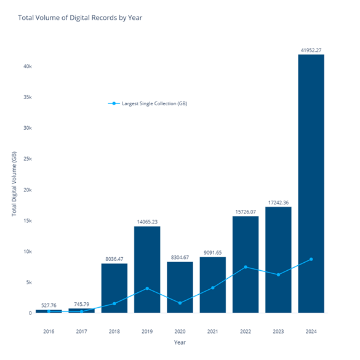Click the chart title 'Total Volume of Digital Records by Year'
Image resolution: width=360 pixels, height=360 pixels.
coord(81,17)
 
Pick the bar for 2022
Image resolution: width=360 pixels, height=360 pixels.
coord(246,265)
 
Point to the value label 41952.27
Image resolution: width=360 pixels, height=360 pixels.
coord(311,50)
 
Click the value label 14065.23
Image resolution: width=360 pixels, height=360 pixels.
coord(147,222)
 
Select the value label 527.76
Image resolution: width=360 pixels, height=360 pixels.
coord(49,305)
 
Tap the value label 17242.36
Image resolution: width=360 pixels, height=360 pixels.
coord(278,202)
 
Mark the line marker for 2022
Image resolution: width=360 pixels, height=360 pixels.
coord(246,267)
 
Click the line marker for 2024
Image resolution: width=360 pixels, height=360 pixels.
coord(311,259)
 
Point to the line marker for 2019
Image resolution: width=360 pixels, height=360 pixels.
coord(147,288)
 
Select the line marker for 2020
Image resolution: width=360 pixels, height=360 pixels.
coord(180,303)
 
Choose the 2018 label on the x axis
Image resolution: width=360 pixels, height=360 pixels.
coord(114,331)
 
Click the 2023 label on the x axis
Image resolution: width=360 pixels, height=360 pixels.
coord(278,331)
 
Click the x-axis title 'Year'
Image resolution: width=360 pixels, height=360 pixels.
coord(179,343)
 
